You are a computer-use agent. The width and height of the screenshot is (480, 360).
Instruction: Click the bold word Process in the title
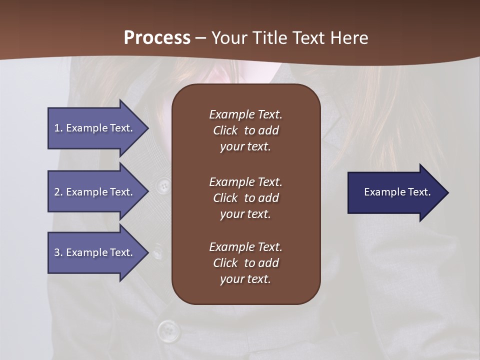click(x=157, y=38)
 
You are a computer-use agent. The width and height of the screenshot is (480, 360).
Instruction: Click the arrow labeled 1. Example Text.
click(x=95, y=128)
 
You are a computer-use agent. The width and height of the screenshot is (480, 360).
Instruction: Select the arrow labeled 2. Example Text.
click(x=95, y=192)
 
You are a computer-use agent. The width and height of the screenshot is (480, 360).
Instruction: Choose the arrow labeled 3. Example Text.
click(x=95, y=252)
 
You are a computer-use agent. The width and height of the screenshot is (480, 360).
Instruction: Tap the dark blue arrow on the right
click(x=395, y=192)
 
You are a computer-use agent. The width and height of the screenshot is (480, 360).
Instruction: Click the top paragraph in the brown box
click(x=245, y=130)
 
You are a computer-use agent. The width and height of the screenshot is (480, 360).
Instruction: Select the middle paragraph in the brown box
click(x=245, y=198)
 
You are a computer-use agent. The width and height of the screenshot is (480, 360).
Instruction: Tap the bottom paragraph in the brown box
click(x=245, y=263)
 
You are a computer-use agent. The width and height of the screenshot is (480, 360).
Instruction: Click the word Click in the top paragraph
click(x=225, y=130)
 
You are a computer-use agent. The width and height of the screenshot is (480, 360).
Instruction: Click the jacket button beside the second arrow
click(x=162, y=186)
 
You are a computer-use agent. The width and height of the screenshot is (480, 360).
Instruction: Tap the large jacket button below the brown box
click(x=168, y=330)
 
